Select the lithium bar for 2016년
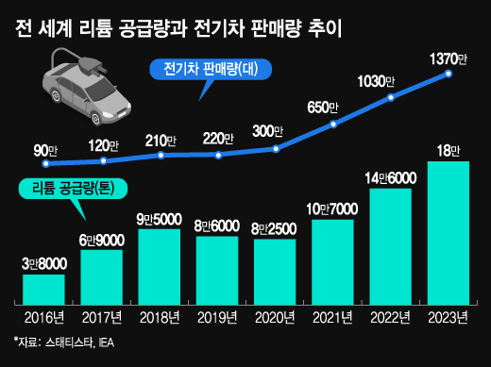coord(43,288)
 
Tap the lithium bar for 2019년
coord(216,269)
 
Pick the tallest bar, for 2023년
coord(448,231)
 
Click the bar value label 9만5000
coord(159,219)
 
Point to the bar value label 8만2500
coord(275,228)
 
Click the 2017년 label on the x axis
coord(101,316)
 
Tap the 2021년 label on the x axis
coord(332,316)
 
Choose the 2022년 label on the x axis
coord(390,316)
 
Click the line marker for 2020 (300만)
coord(276,148)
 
